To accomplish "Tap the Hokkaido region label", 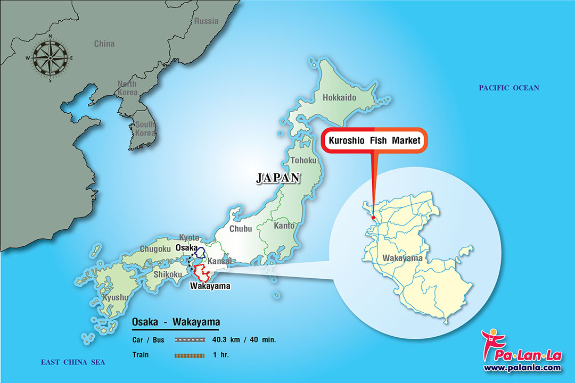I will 339,97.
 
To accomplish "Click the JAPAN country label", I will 278,178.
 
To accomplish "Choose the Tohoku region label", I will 303,160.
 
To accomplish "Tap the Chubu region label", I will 241,229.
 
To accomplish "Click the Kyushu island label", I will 115,297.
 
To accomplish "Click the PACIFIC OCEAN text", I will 508,88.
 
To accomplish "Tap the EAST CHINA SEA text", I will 73,362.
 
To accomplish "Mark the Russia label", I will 206,21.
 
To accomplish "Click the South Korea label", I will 145,128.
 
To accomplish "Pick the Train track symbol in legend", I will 190,354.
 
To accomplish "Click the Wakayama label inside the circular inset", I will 402,259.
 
